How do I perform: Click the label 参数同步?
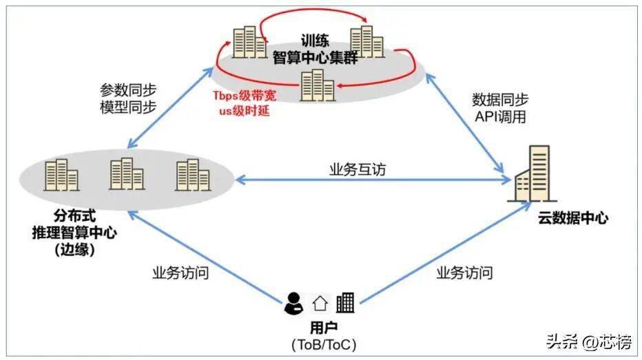[128, 91]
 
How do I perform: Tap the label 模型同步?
[128, 107]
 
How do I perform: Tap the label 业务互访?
[356, 169]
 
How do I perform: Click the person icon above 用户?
[294, 302]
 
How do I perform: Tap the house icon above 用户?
[320, 303]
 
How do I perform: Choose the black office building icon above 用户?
[345, 302]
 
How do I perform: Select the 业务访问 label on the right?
[464, 273]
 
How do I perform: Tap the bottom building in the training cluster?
[318, 85]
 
